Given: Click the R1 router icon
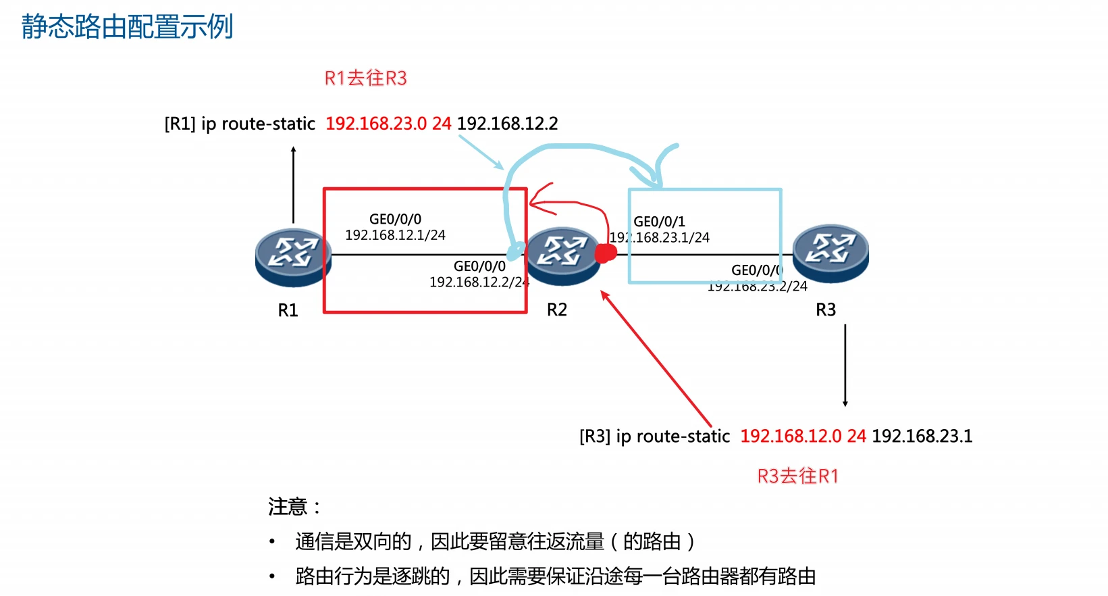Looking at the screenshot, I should coord(292,256).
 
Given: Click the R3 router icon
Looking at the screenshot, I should coord(830,252).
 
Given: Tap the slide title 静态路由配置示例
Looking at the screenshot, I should coord(127,27).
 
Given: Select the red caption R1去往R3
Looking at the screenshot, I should coord(366,78).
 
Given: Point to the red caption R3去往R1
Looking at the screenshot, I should coord(797,476).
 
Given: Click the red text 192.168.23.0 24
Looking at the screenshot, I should coord(388,124).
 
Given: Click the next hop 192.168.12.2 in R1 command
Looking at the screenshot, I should coord(508,124).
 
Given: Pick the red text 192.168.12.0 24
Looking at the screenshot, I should coord(803,436).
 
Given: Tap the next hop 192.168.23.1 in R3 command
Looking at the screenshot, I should coord(922,436).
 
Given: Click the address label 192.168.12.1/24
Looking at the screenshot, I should coord(396,235).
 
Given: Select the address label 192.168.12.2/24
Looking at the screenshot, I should coord(479,282).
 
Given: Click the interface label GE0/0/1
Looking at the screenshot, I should coord(660,222).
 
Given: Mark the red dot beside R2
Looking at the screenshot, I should coord(606,253).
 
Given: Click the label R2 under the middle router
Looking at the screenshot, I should coord(557,309).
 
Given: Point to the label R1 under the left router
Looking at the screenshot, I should coord(288,310).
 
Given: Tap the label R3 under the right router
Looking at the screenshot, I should coord(826,309).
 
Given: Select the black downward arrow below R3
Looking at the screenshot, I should coord(845,366).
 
